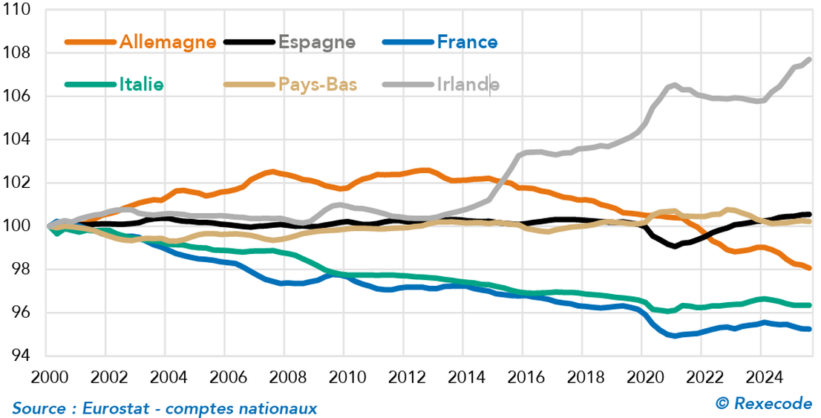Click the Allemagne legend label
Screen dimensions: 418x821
tap(168, 42)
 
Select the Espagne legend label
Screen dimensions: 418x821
tap(317, 42)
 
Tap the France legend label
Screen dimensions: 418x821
tap(467, 42)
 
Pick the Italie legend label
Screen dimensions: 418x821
tap(141, 84)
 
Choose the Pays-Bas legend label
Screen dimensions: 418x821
tap(318, 84)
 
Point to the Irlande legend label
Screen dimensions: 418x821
tap(468, 84)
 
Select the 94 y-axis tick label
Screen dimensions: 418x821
tap(20, 356)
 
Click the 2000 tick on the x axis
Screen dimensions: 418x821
tap(45, 376)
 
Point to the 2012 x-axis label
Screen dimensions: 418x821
tap(405, 376)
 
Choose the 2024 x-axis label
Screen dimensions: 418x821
tap(765, 376)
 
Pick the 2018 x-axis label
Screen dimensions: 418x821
tap(585, 376)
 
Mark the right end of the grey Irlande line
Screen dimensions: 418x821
tap(808, 59)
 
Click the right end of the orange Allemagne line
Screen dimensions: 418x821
tap(808, 268)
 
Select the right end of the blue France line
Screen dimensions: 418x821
tap(808, 329)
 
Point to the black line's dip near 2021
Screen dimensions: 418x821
tap(675, 246)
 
